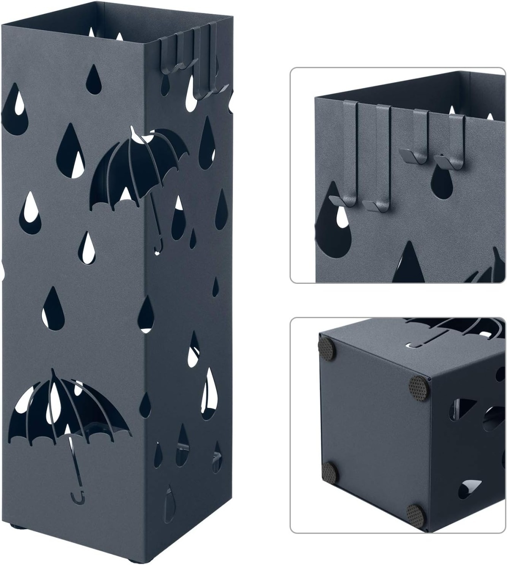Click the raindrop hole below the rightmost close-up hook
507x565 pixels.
443,185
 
